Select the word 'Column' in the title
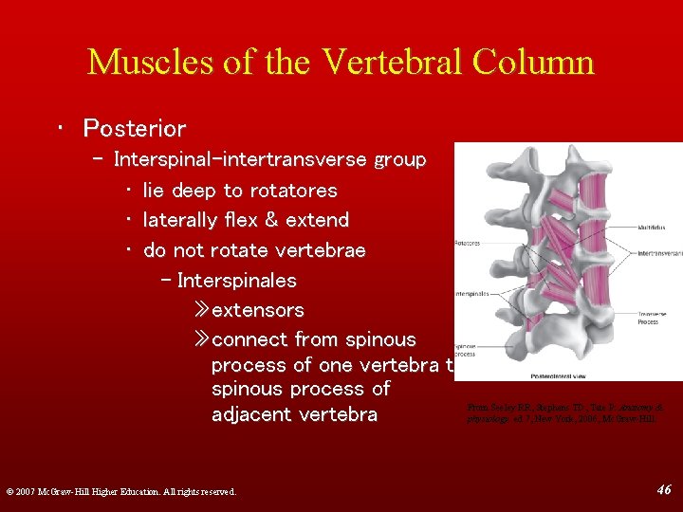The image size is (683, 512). (x=539, y=62)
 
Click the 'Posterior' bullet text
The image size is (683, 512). (x=134, y=128)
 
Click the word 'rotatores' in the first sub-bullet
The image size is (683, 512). (x=293, y=191)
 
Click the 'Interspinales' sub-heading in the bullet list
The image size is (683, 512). (x=236, y=281)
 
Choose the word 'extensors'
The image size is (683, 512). (x=257, y=310)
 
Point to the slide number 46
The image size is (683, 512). (x=664, y=489)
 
